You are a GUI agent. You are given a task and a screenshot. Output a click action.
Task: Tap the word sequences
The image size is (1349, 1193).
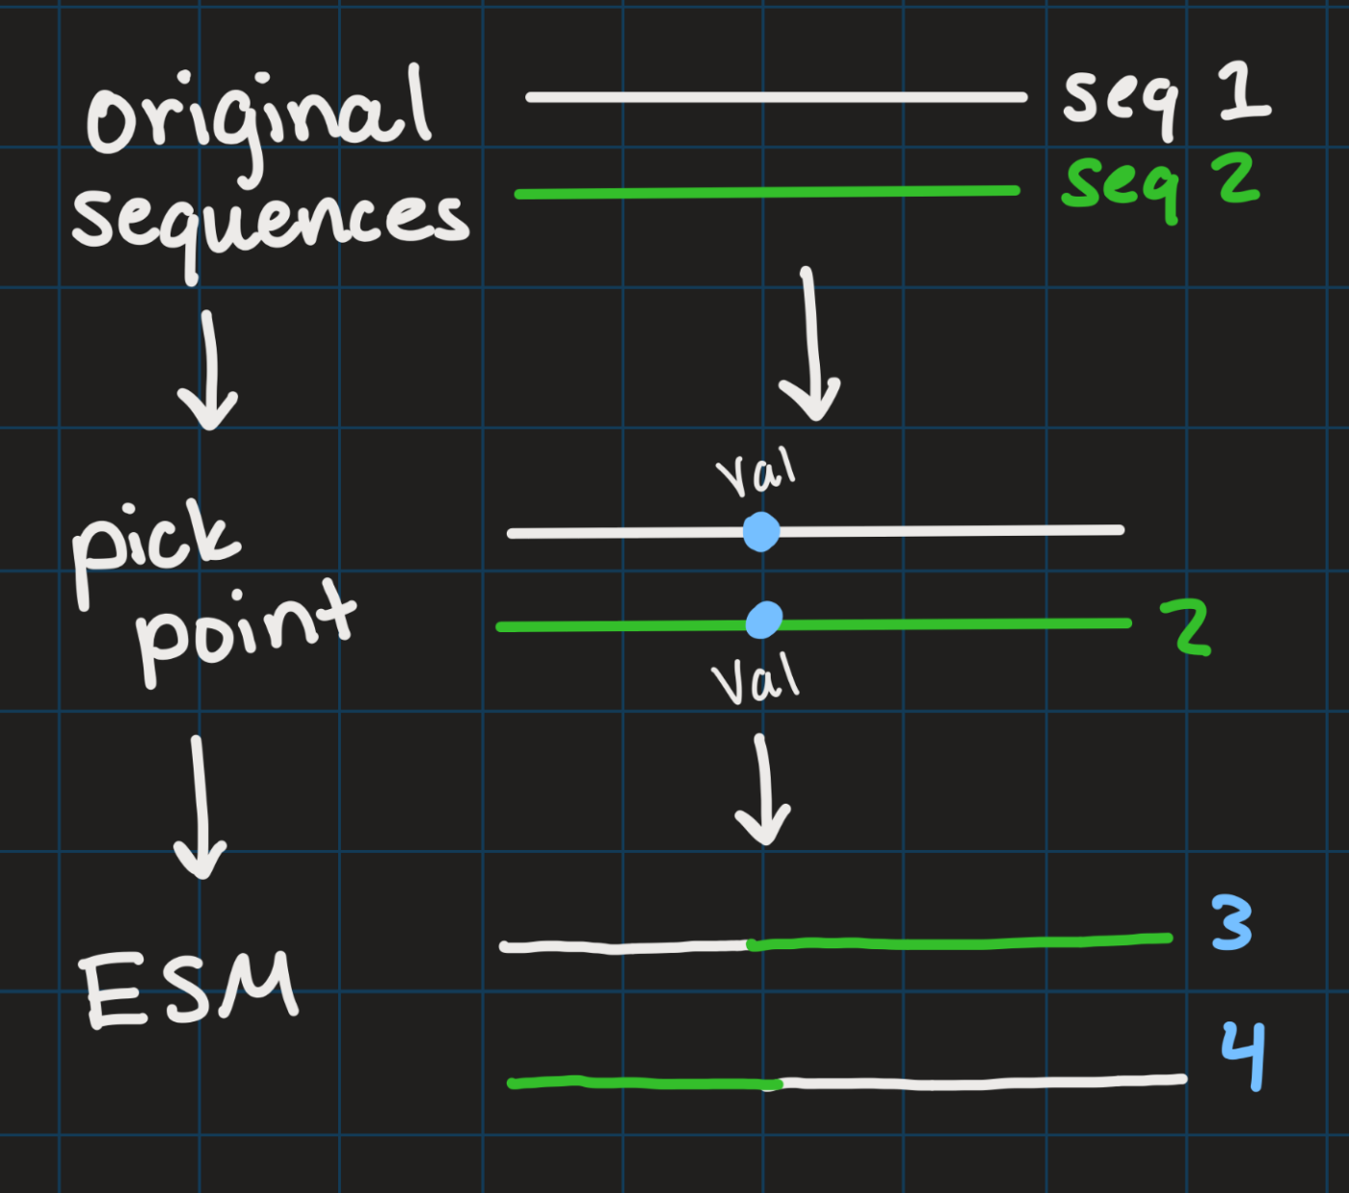pyautogui.click(x=271, y=226)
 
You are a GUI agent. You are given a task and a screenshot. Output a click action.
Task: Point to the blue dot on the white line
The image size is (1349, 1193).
pyautogui.click(x=761, y=532)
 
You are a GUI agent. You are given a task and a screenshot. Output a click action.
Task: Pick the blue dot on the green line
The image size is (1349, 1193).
pyautogui.click(x=764, y=621)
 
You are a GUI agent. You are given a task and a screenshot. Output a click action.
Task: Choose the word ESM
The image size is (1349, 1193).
pyautogui.click(x=189, y=989)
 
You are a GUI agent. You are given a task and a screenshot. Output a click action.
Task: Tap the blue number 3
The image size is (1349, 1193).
pyautogui.click(x=1231, y=922)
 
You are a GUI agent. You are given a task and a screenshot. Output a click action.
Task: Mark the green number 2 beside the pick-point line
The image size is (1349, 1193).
pyautogui.click(x=1186, y=626)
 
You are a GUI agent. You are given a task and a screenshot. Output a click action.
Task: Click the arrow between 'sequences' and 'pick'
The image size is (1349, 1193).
pyautogui.click(x=209, y=370)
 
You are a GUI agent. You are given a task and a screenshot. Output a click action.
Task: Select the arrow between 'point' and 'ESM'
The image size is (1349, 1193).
pyautogui.click(x=199, y=808)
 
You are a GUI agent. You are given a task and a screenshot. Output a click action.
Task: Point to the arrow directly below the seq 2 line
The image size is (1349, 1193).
pyautogui.click(x=810, y=344)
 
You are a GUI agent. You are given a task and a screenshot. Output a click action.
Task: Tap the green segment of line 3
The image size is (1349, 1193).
pyautogui.click(x=960, y=942)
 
